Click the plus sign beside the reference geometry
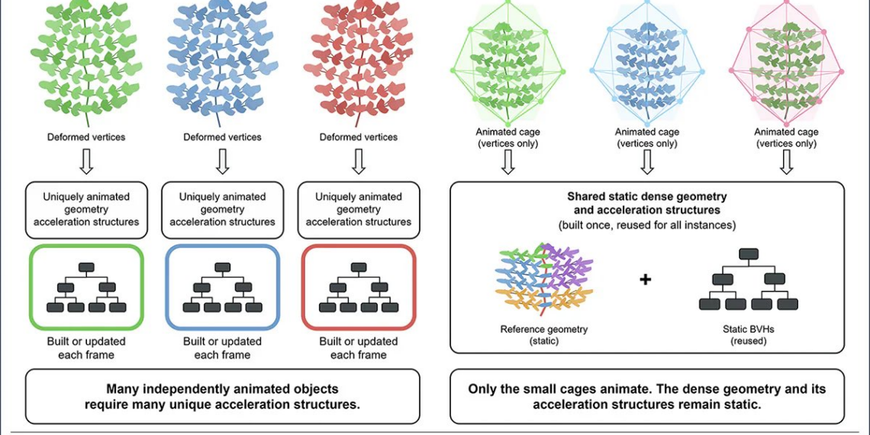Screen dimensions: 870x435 (645, 279)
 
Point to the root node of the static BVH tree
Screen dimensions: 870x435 (749, 254)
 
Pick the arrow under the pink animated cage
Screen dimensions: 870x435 (786, 162)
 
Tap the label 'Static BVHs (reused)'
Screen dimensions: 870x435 (749, 334)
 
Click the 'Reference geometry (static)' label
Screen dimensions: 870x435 (543, 334)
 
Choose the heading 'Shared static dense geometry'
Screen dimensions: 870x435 (647, 196)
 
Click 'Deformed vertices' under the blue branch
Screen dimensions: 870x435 (223, 137)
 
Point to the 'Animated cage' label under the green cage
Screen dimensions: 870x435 (507, 133)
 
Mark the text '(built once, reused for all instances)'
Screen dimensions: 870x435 (647, 226)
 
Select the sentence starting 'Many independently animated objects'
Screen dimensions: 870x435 (223, 396)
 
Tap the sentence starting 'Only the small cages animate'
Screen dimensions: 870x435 (647, 396)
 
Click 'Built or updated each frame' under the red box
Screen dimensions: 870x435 (359, 348)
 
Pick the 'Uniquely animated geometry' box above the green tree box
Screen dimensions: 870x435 (86, 208)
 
